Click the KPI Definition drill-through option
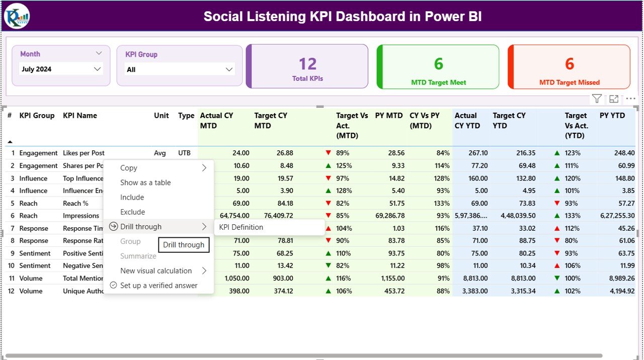click(x=241, y=227)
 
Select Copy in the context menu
click(x=129, y=168)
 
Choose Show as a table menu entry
click(x=145, y=183)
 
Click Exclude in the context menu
click(x=132, y=212)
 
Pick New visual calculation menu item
click(x=156, y=271)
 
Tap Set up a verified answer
click(x=158, y=286)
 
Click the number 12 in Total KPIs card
click(x=307, y=64)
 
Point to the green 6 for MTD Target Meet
click(x=438, y=64)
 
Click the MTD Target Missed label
click(x=569, y=82)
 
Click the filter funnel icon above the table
click(x=597, y=99)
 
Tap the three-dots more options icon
click(x=630, y=99)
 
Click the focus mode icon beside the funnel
click(x=614, y=99)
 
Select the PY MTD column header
click(x=388, y=116)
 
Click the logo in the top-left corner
click(x=17, y=16)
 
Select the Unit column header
click(x=161, y=116)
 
